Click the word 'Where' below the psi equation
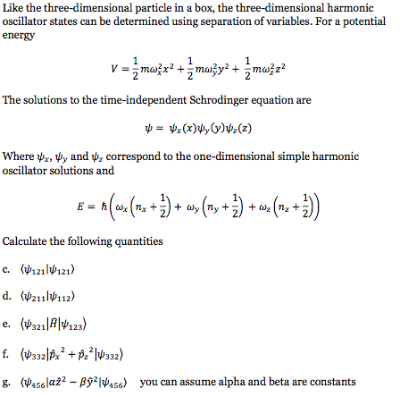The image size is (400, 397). click(x=19, y=151)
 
